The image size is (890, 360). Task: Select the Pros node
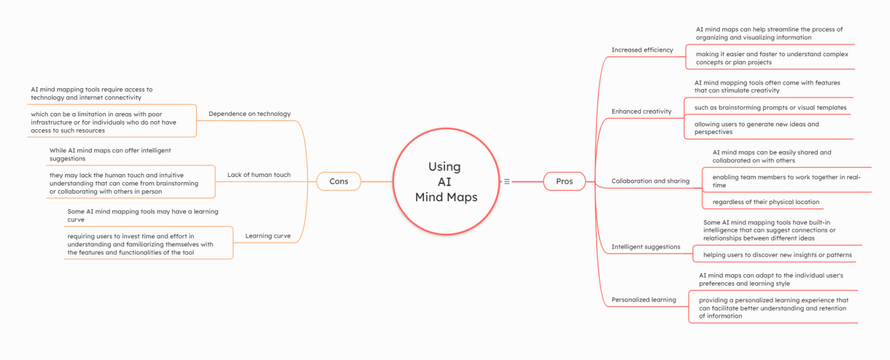point(564,181)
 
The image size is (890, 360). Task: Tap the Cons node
point(338,181)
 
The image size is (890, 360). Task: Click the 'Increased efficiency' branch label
point(642,50)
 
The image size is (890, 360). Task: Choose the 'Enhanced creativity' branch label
point(641,111)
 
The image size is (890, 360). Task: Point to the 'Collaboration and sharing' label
point(650,181)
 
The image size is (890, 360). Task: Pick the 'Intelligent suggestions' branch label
point(645,247)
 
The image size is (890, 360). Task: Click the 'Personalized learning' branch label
point(644,300)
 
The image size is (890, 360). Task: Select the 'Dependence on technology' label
point(249,114)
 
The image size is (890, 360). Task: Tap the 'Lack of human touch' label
point(258,174)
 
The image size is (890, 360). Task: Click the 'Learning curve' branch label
point(268,236)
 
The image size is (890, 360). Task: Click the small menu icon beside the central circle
point(507,181)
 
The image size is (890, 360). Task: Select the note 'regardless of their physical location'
point(765,202)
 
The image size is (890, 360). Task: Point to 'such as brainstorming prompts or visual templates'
point(770,107)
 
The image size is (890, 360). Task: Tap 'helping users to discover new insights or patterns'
point(777,254)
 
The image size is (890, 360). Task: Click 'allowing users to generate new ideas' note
point(756,128)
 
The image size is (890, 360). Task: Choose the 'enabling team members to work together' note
point(786,181)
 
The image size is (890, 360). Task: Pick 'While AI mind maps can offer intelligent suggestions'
point(110,154)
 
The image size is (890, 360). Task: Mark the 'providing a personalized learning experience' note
point(773,308)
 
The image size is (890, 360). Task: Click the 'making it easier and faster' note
point(771,58)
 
